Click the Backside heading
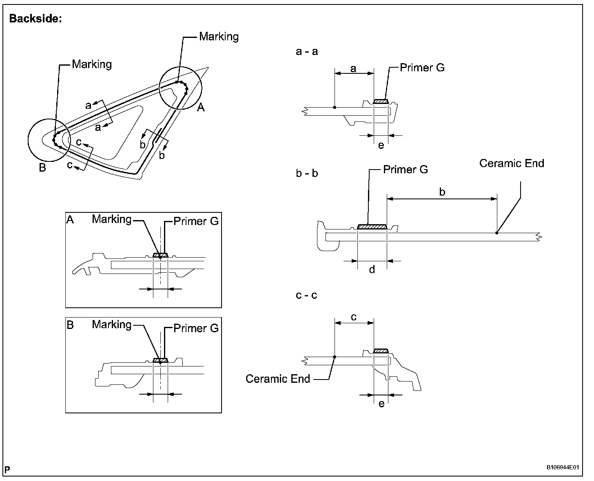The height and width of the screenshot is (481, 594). (35, 19)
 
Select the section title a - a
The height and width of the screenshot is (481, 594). (306, 51)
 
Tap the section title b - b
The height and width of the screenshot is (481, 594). (306, 173)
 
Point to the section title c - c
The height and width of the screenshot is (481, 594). (306, 295)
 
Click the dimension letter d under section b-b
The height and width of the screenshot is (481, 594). (372, 269)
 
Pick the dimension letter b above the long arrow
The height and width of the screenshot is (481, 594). (442, 192)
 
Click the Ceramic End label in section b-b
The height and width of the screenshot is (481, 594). (512, 163)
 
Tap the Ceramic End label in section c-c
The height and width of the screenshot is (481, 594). (278, 379)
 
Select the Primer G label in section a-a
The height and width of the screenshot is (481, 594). (422, 68)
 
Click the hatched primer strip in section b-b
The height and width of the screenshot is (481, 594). (372, 227)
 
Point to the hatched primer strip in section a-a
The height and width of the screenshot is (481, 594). (381, 101)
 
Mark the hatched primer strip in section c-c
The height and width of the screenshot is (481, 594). (381, 351)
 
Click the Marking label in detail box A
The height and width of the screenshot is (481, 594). (111, 219)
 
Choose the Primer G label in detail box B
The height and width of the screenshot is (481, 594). (196, 328)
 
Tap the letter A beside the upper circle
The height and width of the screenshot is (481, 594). (201, 108)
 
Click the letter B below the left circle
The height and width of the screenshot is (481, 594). (42, 168)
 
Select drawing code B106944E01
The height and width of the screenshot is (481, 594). (563, 468)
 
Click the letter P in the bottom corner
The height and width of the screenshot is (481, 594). (7, 470)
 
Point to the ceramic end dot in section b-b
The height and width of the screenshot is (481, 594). (496, 233)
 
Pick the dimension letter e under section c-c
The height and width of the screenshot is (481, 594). (381, 404)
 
